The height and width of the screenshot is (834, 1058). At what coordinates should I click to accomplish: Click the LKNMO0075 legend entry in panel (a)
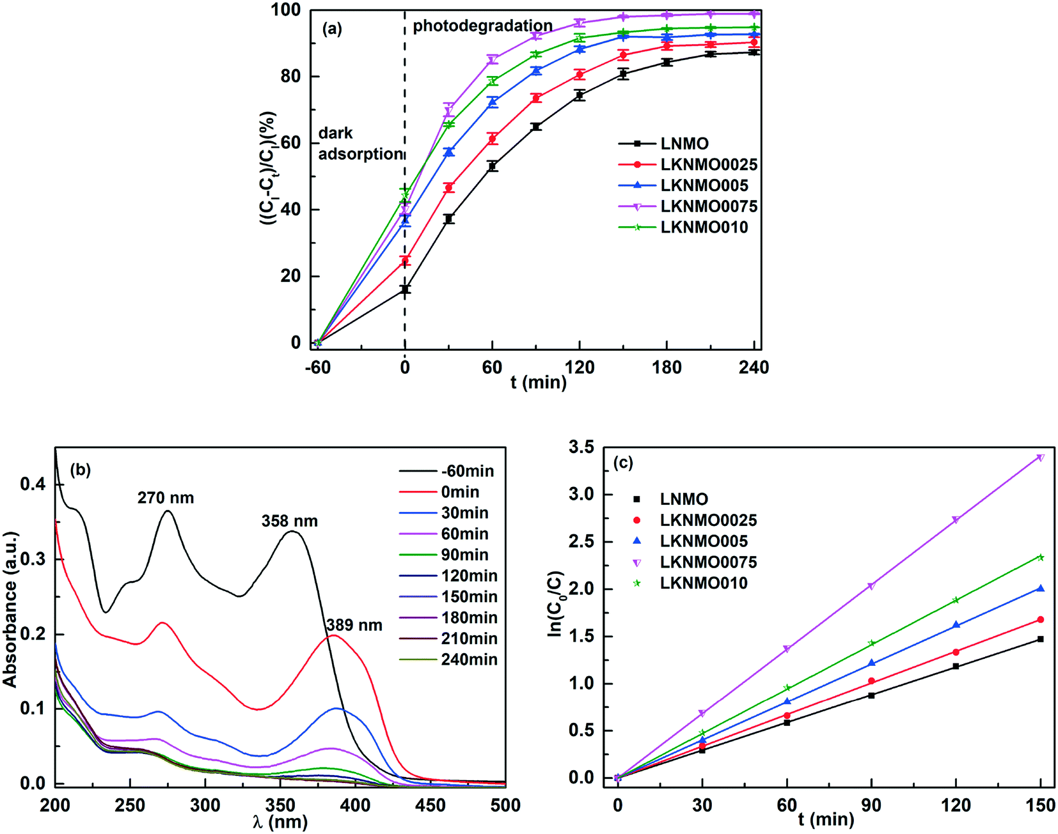pyautogui.click(x=708, y=206)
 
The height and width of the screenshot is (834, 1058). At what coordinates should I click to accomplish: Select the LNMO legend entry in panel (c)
pyautogui.click(x=684, y=499)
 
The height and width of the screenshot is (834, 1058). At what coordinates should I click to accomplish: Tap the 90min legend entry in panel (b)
pyautogui.click(x=464, y=555)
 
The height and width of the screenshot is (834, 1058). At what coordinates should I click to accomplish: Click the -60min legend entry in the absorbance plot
pyautogui.click(x=467, y=471)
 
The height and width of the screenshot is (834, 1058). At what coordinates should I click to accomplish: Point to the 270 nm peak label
pyautogui.click(x=166, y=498)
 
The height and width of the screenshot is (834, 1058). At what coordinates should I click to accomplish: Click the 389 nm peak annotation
pyautogui.click(x=354, y=625)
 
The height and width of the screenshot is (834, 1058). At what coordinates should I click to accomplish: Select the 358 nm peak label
pyautogui.click(x=289, y=521)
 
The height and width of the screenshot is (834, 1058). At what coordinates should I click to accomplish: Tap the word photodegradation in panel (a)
pyautogui.click(x=482, y=26)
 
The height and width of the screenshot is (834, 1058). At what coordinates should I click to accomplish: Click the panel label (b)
pyautogui.click(x=81, y=470)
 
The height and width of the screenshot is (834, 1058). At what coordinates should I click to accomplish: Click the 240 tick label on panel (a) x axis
pyautogui.click(x=754, y=367)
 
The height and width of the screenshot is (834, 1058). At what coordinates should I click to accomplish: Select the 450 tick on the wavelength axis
pyautogui.click(x=430, y=805)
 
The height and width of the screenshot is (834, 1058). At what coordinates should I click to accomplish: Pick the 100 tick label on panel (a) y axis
pyautogui.click(x=286, y=10)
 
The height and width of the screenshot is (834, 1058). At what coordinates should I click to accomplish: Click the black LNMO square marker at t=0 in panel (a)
pyautogui.click(x=405, y=290)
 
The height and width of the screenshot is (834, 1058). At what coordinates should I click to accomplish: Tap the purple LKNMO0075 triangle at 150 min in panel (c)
pyautogui.click(x=1041, y=458)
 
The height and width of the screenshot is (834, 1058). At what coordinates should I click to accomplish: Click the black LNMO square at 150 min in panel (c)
pyautogui.click(x=1041, y=639)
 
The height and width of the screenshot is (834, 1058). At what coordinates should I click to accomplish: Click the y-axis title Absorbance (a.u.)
pyautogui.click(x=10, y=609)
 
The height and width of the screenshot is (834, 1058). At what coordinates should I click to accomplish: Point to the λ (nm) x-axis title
pyautogui.click(x=280, y=821)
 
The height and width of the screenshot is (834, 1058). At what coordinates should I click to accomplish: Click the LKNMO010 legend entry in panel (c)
pyautogui.click(x=703, y=583)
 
